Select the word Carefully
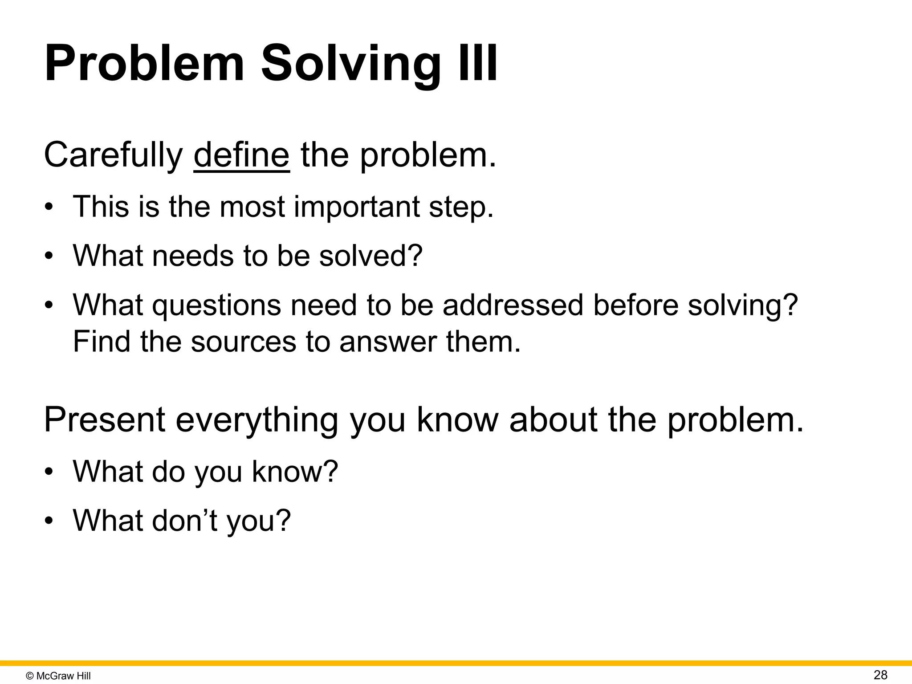tap(113, 155)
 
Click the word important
tap(357, 207)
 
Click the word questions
tap(216, 305)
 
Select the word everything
tap(257, 420)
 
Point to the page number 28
tap(880, 675)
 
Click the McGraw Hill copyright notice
tap(58, 676)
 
